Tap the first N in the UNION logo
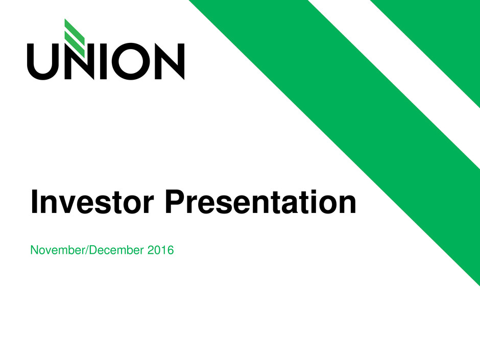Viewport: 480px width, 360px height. tap(75, 61)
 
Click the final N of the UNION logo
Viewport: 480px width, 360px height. tap(170, 61)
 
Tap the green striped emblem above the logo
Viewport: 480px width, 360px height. tap(75, 38)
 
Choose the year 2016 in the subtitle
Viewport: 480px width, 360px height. tap(160, 250)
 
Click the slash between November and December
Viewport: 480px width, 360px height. tap(89, 250)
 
